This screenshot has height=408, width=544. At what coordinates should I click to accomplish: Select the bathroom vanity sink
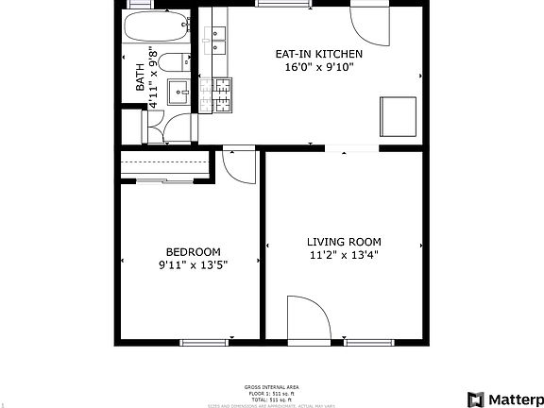coord(180,92)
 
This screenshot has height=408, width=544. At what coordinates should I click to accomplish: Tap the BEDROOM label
coord(193,251)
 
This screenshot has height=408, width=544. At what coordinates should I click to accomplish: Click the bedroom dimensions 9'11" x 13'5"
coord(193,265)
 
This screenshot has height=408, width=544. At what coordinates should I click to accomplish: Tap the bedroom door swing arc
coord(240,167)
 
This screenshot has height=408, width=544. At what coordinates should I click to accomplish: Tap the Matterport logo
coord(504,397)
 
